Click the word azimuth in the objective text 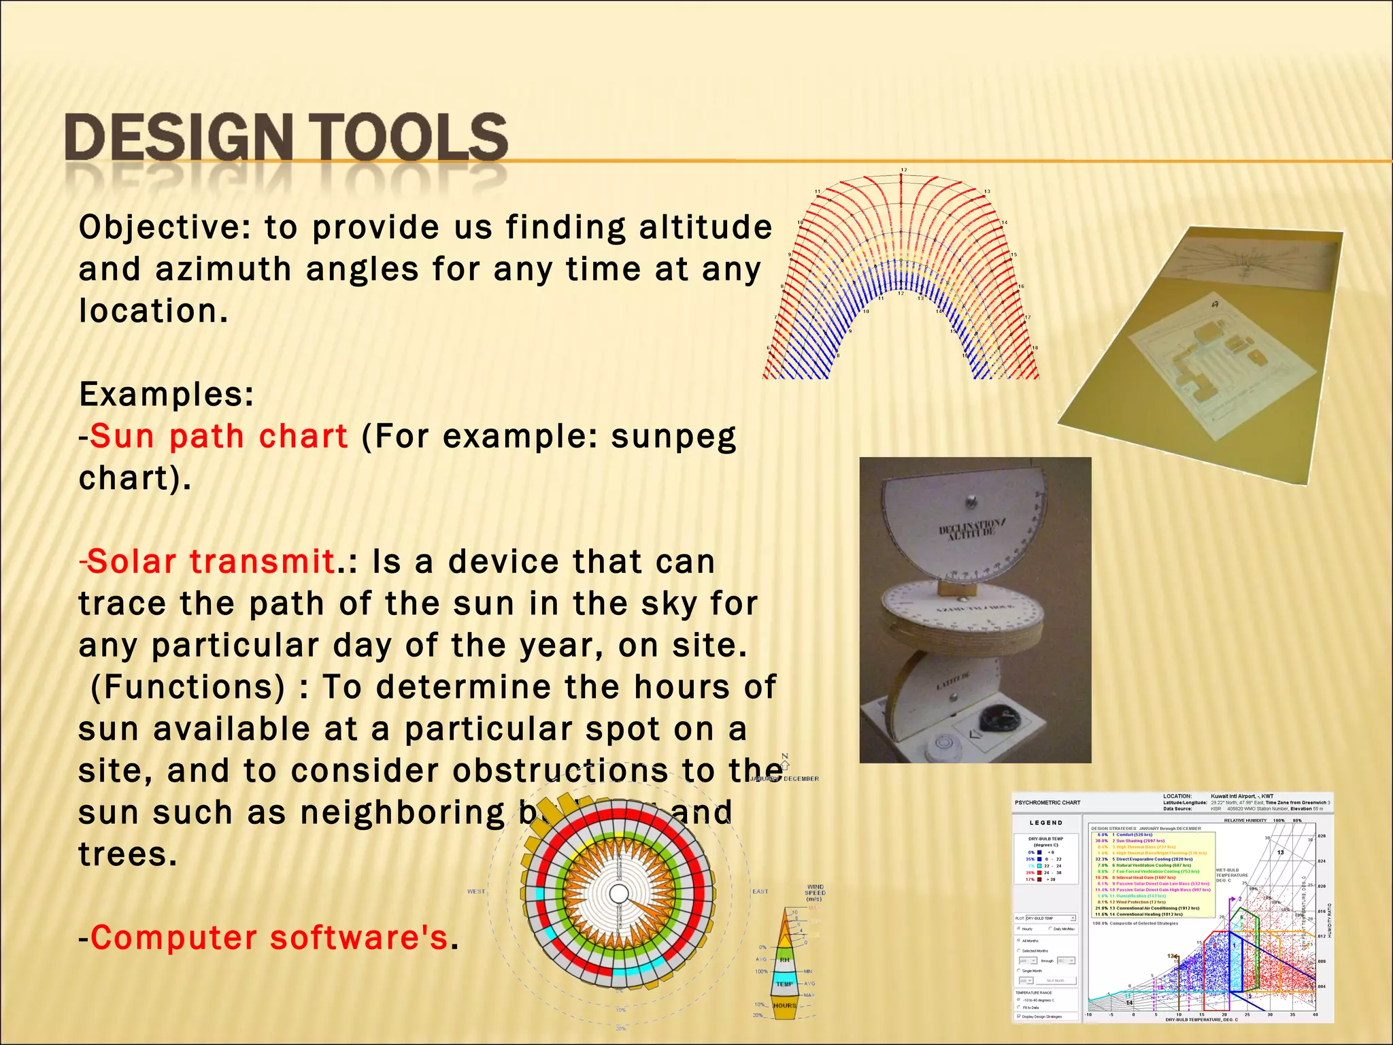click(222, 269)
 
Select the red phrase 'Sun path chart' click(218, 436)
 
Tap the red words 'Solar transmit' click(210, 562)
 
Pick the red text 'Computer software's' click(269, 938)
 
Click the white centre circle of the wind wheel click(618, 893)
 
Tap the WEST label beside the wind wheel click(476, 891)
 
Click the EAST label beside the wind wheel click(760, 891)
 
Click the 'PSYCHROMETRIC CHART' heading click(1047, 803)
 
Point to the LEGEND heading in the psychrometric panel click(1045, 823)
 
